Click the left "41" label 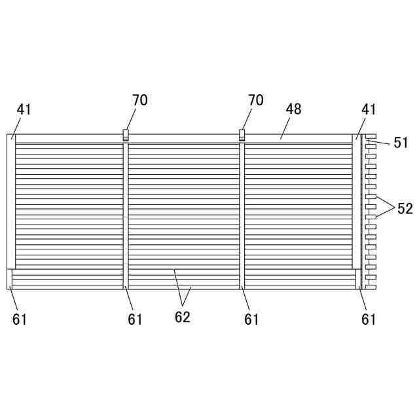[24, 109]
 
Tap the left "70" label [139, 100]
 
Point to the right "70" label [256, 100]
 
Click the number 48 [293, 109]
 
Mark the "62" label [182, 318]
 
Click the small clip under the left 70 [125, 135]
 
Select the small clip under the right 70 [242, 135]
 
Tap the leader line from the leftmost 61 [13, 299]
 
